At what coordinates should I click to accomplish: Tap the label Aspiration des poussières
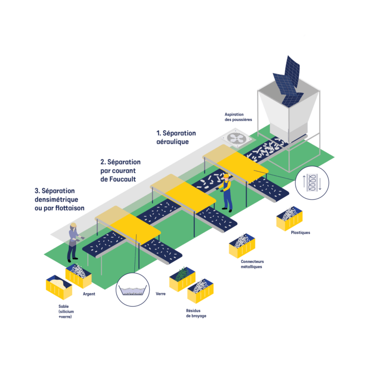click(x=238, y=117)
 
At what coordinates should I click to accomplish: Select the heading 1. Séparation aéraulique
click(x=176, y=137)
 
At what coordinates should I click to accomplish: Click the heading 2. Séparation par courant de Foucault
click(x=120, y=171)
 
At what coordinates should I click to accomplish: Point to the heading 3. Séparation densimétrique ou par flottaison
click(x=59, y=199)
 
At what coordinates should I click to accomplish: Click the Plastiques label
click(x=300, y=232)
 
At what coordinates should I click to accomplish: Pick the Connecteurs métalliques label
click(x=252, y=264)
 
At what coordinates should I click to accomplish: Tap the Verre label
click(x=161, y=294)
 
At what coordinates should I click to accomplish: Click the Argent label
click(x=89, y=294)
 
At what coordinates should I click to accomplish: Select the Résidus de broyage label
click(x=196, y=313)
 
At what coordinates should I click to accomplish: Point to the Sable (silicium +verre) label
click(x=66, y=311)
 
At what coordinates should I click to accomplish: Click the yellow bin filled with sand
click(x=59, y=287)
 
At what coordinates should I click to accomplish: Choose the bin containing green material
click(x=182, y=279)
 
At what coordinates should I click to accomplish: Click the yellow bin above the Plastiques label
click(x=289, y=218)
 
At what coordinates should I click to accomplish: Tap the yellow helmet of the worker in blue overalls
click(x=226, y=175)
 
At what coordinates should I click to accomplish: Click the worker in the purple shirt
click(x=74, y=242)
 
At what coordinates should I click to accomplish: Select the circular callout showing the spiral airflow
click(x=312, y=182)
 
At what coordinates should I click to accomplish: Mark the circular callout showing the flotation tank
click(x=133, y=289)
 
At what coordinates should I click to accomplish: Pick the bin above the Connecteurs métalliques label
click(x=242, y=246)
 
